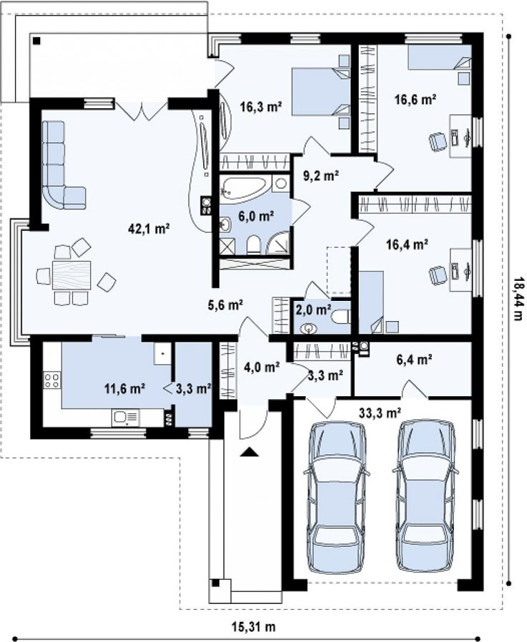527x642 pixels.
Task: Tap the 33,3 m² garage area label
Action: point(379,413)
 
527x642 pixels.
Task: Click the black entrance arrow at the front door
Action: point(250,451)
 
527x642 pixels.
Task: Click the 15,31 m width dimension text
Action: point(253,626)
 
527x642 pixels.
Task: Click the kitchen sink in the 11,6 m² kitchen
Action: point(125,417)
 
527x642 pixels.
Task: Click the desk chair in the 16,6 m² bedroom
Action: point(437,142)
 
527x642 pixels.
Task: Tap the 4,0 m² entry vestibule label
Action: point(262,367)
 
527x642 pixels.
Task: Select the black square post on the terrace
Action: point(37,40)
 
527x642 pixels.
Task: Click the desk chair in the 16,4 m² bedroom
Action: point(437,275)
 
